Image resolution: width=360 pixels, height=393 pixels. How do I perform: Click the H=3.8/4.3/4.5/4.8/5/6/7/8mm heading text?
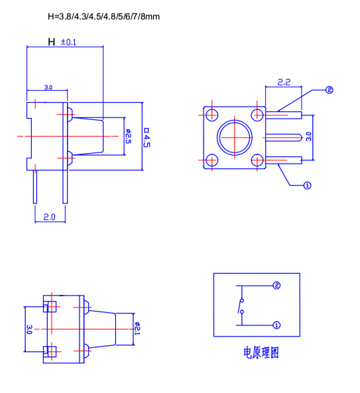(x=104, y=15)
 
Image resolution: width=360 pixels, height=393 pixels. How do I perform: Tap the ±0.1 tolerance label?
(x=69, y=42)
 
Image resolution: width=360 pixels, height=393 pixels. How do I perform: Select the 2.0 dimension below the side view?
(x=50, y=216)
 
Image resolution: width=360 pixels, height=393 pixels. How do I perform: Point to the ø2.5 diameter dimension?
(x=129, y=137)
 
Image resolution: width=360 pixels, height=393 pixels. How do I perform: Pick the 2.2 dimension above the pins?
(x=284, y=82)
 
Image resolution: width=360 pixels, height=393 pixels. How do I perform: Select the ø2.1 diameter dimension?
(x=137, y=329)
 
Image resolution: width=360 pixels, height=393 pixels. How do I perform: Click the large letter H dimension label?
(x=52, y=42)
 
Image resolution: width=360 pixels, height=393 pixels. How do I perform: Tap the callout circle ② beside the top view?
(x=329, y=90)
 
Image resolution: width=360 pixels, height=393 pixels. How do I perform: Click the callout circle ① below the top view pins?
(x=307, y=186)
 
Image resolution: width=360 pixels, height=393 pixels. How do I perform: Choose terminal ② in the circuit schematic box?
(x=276, y=286)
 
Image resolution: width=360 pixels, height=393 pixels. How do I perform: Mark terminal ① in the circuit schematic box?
(x=276, y=325)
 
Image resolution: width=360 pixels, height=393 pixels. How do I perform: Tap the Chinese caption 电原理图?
(x=261, y=353)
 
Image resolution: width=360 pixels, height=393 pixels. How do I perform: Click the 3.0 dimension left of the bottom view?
(x=29, y=329)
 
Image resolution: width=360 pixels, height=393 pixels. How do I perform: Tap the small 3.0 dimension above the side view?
(x=48, y=87)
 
